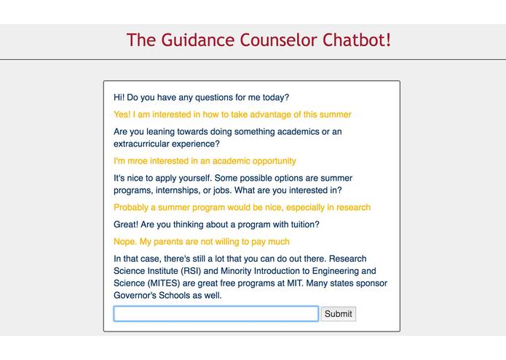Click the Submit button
(x=338, y=314)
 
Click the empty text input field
(x=216, y=314)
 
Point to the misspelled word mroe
(x=141, y=161)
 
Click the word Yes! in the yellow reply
(x=122, y=114)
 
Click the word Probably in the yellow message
(x=132, y=208)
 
